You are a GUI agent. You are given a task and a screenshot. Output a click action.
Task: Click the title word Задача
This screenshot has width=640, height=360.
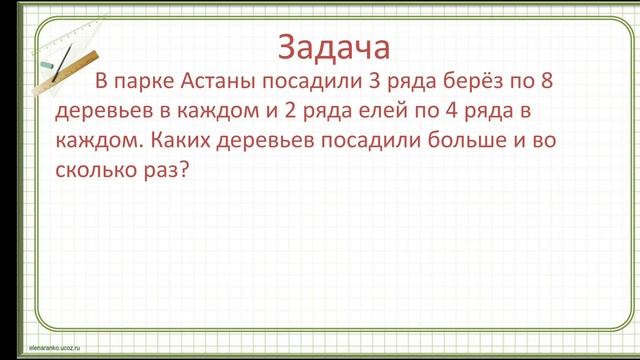click(331, 47)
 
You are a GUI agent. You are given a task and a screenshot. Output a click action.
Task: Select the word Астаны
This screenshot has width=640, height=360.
click(222, 81)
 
